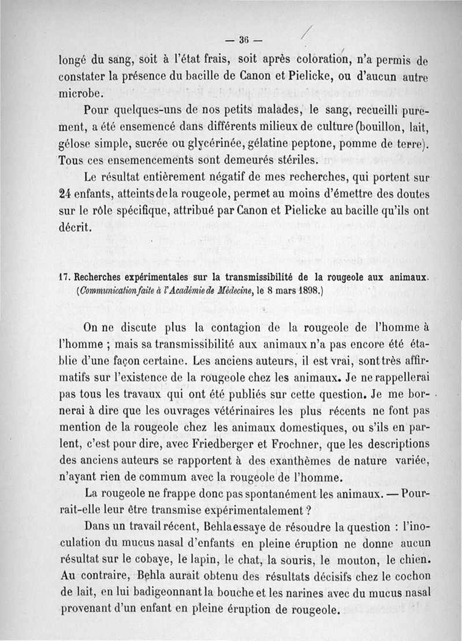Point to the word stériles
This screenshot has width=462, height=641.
click(x=292, y=159)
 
